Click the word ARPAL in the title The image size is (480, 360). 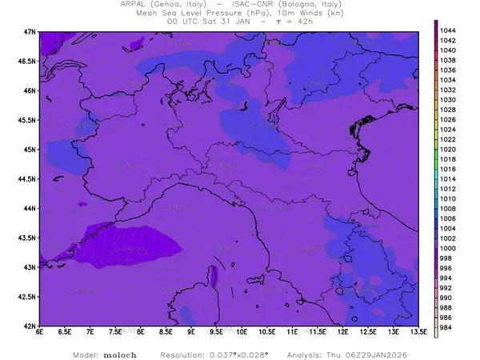(x=134, y=4)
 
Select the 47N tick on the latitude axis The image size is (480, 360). (x=30, y=31)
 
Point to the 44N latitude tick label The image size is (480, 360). (x=30, y=208)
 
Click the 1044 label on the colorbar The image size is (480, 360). (x=448, y=30)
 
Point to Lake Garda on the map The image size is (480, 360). (x=244, y=105)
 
